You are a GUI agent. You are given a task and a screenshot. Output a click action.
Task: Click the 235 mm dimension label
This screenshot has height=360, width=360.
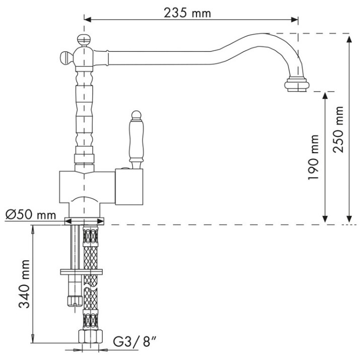[x=187, y=13]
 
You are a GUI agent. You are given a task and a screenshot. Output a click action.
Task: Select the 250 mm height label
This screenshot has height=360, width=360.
[x=338, y=129]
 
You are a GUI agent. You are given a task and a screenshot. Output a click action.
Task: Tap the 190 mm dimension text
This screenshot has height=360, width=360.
[x=313, y=157]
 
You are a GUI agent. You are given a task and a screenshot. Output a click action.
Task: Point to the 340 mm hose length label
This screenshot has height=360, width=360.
[x=24, y=284]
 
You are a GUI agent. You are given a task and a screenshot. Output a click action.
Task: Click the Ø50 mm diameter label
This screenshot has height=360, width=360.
[x=31, y=215]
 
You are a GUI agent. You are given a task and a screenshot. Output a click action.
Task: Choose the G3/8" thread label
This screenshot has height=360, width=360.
[x=135, y=342]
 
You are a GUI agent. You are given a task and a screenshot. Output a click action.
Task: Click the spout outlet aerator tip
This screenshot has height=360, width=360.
[x=297, y=85]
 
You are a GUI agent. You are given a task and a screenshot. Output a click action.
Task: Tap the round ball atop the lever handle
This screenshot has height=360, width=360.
[x=136, y=115]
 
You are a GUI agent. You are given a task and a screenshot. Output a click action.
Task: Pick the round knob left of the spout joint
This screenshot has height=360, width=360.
[x=66, y=57]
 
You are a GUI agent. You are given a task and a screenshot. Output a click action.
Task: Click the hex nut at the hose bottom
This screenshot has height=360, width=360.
[x=90, y=337]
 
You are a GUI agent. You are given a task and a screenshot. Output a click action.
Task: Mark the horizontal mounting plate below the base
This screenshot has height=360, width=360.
[x=81, y=272]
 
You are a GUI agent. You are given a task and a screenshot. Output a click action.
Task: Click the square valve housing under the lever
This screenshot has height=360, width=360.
[x=129, y=187]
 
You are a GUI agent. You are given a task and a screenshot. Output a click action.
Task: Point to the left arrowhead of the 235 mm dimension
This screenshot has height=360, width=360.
[x=88, y=20]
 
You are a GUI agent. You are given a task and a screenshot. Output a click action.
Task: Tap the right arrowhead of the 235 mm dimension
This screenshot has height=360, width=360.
[x=295, y=20]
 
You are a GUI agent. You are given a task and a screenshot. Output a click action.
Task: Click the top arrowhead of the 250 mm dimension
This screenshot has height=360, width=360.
[x=349, y=39]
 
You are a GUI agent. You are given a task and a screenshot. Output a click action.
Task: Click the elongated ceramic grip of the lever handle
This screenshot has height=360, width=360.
[x=136, y=139]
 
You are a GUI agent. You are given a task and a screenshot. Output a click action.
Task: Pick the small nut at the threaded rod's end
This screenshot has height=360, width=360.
[x=75, y=301]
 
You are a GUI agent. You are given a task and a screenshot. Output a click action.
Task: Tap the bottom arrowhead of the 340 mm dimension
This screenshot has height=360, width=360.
[x=33, y=339]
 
